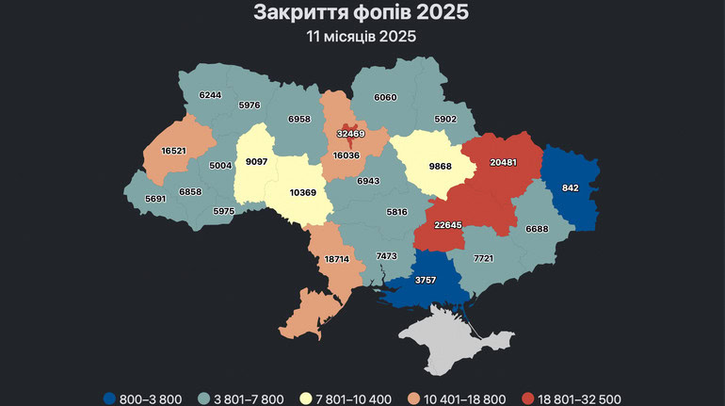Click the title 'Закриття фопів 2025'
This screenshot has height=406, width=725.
coord(362,13)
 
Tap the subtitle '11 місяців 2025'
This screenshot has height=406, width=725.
coord(362,37)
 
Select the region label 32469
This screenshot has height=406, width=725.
coord(350,134)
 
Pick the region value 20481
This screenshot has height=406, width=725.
coord(505,162)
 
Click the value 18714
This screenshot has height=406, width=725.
coord(337,258)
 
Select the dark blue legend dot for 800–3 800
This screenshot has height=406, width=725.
coord(112,398)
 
